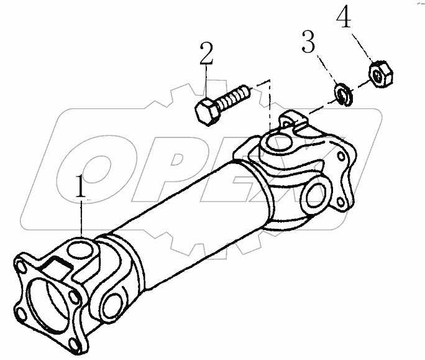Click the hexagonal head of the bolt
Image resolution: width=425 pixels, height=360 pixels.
(206, 111)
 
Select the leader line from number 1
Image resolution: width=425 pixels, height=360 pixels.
(81, 218)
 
